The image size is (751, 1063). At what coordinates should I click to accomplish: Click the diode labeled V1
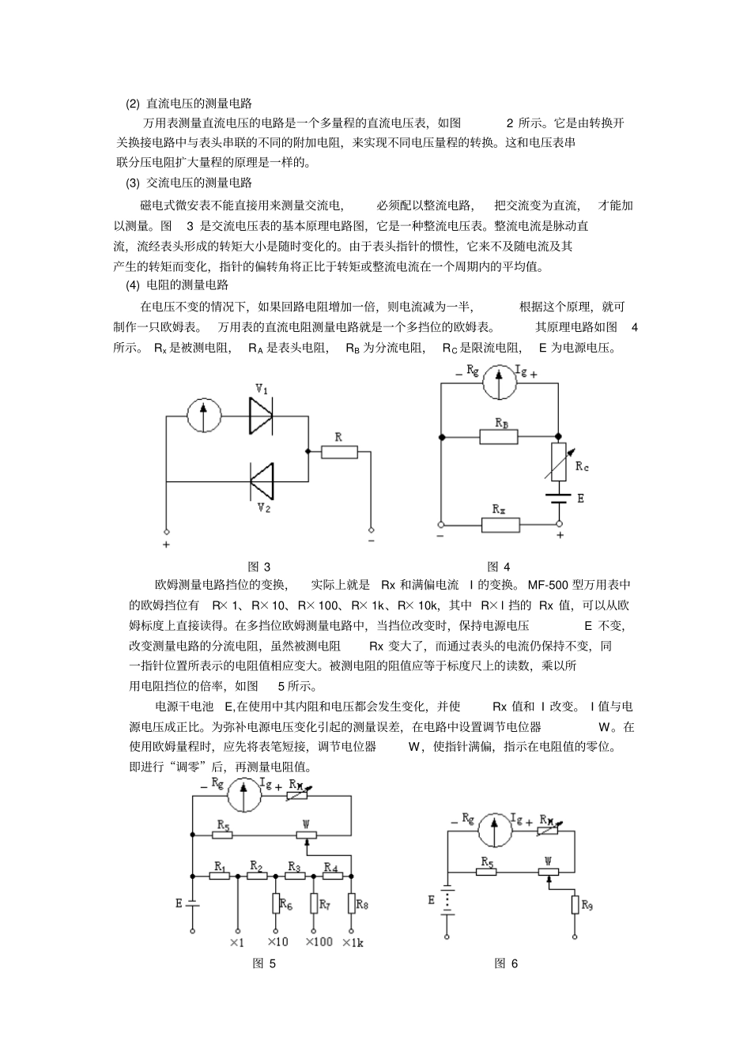coord(260,415)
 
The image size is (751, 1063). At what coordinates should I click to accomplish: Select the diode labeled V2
coord(262,480)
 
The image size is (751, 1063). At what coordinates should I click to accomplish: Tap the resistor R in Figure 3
coord(338,452)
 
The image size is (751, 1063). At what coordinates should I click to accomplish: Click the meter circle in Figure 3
coord(203,415)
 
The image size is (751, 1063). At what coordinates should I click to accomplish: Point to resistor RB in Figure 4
coord(499,436)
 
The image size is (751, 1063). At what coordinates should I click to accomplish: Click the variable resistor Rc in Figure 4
coord(559,462)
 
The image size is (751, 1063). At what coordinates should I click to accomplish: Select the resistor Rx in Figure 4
coord(500,524)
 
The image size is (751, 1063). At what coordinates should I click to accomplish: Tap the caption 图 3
coord(259,567)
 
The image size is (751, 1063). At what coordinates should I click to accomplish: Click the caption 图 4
coord(499,567)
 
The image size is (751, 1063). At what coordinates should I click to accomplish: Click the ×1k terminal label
coord(353,942)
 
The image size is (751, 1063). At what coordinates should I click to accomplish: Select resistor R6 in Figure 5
coord(276,903)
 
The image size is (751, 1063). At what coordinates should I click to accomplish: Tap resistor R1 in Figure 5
coord(220,876)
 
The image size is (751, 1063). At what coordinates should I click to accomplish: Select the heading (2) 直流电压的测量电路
coord(189,104)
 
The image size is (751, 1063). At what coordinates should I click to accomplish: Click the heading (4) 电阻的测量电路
coord(177,286)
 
